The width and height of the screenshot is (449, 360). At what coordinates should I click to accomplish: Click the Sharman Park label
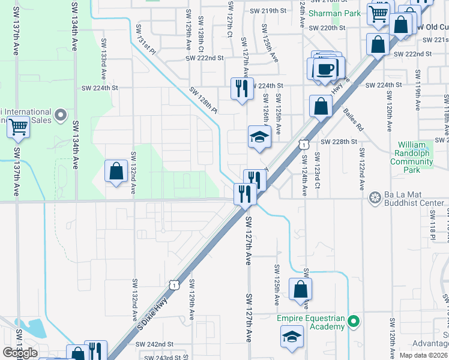tap(335, 13)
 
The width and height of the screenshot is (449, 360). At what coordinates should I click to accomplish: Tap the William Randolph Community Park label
tap(420, 157)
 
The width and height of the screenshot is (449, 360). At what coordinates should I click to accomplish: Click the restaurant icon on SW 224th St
tap(243, 89)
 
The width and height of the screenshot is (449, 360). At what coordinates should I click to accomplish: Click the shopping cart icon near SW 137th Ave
tap(18, 127)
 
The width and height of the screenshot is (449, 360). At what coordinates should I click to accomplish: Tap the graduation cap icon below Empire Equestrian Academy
tap(292, 336)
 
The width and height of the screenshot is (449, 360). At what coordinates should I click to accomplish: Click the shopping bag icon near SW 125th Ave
tap(300, 289)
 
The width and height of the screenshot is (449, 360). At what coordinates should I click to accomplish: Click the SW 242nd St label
tap(154, 344)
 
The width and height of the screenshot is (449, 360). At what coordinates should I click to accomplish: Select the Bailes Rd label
tap(354, 119)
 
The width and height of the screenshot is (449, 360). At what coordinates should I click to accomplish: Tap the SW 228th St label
tap(339, 142)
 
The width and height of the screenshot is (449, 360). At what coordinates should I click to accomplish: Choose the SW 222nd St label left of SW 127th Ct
tap(204, 58)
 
